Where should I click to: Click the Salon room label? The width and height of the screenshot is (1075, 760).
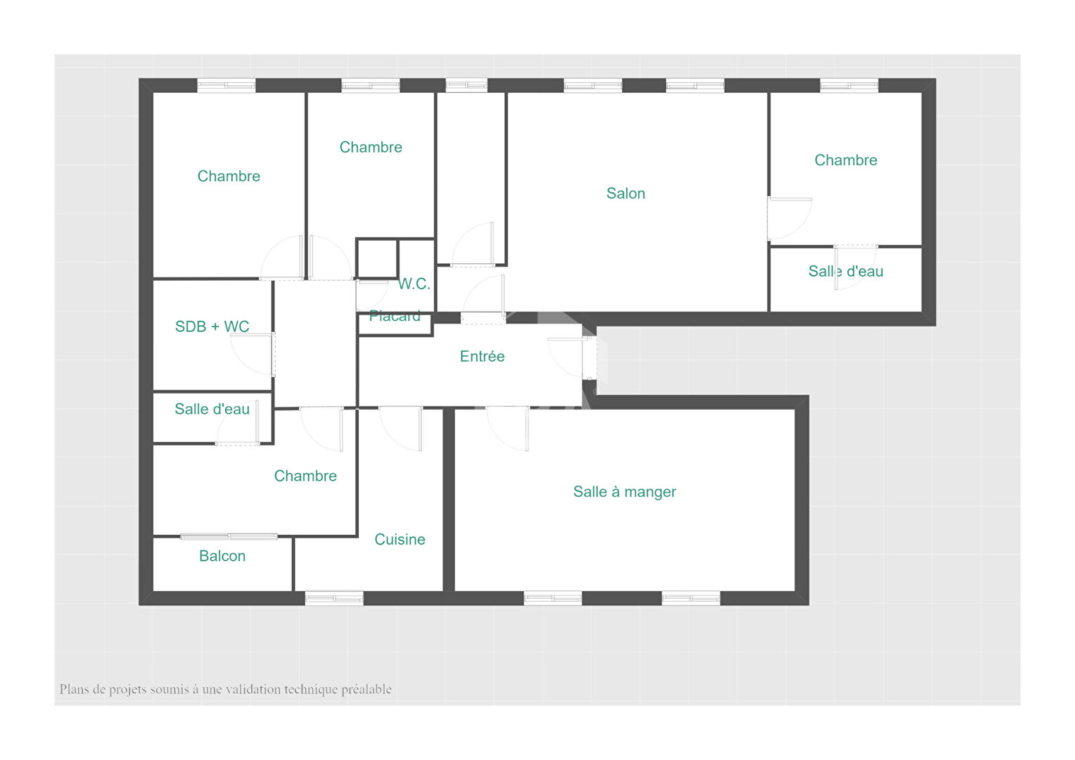coord(625,194)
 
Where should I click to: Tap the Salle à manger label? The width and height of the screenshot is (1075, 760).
coord(624,492)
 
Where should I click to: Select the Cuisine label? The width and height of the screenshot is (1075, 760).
coord(400,539)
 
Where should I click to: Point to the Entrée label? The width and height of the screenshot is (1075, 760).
coord(482,356)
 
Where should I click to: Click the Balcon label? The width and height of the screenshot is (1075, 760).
coord(222,556)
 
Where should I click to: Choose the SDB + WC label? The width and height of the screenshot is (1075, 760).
coord(212,327)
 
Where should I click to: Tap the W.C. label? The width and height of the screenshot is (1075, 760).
coord(414,284)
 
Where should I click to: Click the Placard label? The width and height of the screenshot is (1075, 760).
coord(395,317)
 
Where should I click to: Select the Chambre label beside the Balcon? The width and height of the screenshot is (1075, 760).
coord(305,476)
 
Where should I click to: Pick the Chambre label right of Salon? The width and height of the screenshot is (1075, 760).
coord(846,160)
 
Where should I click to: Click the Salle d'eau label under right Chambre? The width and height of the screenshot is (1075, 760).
coord(846,271)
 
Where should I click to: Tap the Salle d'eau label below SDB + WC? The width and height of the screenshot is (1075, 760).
coord(212,409)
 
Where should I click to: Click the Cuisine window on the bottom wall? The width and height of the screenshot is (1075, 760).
coord(334,598)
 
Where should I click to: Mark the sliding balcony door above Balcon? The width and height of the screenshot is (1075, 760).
coord(229,536)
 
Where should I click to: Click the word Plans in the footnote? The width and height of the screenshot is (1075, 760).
coord(75,690)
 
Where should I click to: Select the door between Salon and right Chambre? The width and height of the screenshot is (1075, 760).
coord(789,218)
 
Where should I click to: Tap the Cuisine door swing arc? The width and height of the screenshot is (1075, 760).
coord(401,430)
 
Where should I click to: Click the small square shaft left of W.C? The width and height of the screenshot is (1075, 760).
coord(377,259)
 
